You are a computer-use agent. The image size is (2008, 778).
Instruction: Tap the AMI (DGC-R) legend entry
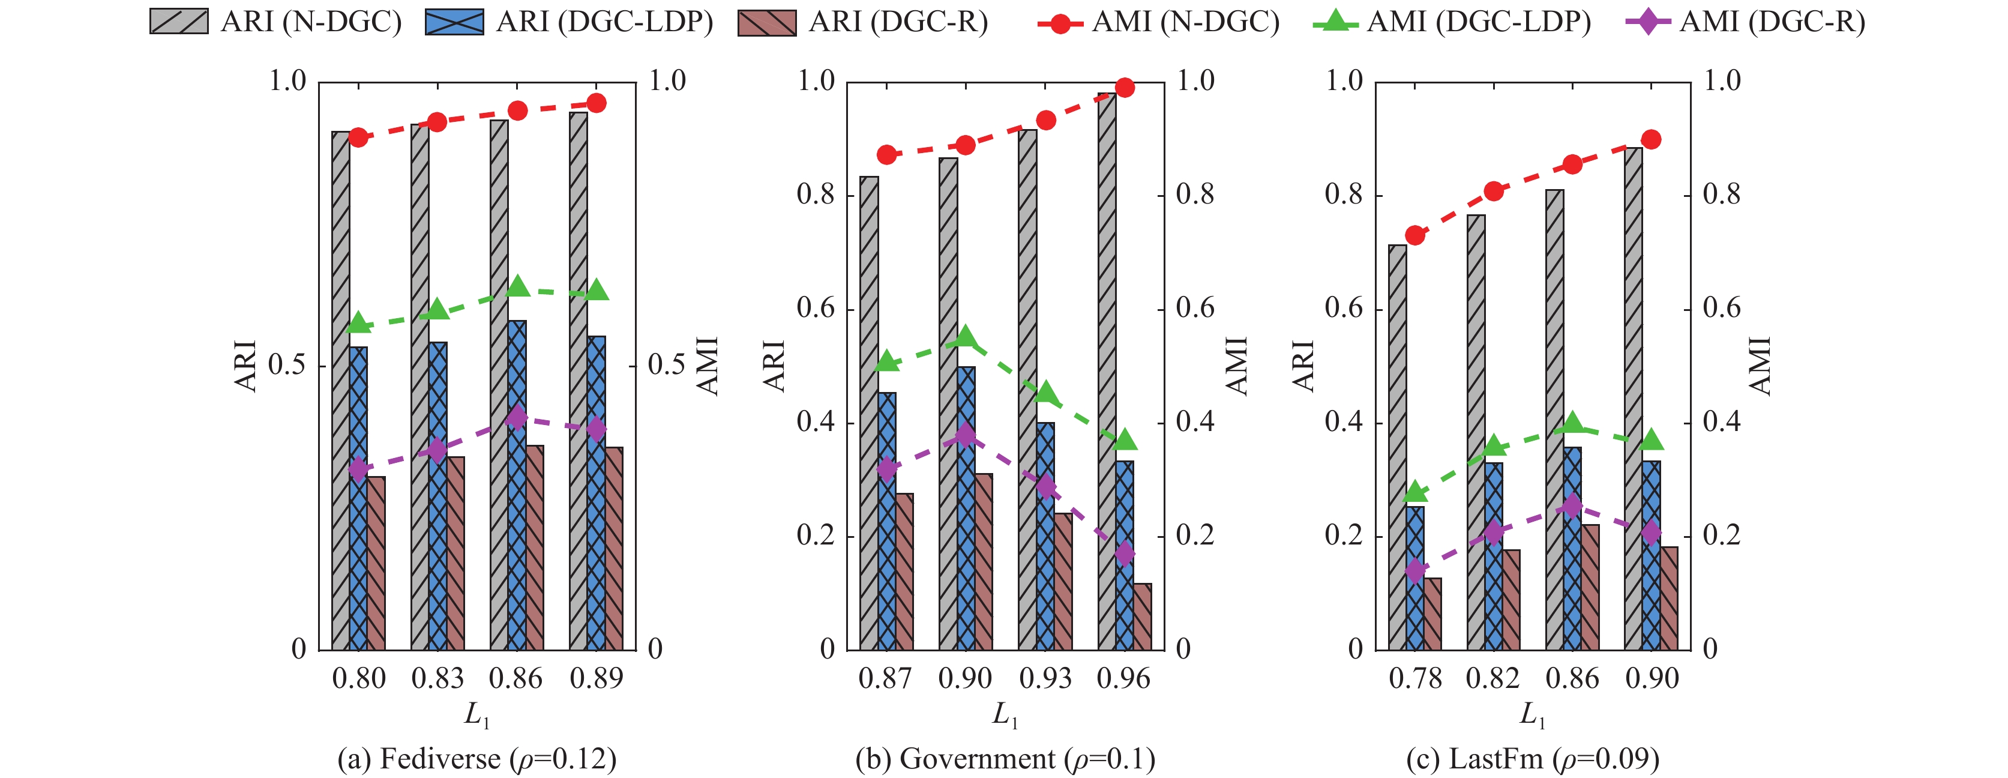click(1746, 22)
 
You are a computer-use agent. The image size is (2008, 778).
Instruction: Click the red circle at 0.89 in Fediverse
click(597, 103)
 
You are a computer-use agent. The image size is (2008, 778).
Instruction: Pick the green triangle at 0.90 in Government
click(966, 337)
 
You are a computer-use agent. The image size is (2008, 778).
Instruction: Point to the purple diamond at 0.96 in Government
click(1124, 554)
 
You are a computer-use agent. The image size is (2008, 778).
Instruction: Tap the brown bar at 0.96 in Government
click(1142, 616)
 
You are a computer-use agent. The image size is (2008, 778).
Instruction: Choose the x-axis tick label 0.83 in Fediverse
click(437, 678)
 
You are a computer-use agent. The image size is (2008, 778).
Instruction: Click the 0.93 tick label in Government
click(1045, 678)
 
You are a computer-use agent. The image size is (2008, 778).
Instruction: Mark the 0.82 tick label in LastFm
click(1492, 678)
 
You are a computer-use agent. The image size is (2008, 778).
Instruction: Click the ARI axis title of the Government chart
click(774, 365)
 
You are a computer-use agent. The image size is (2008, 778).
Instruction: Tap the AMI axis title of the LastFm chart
click(1760, 365)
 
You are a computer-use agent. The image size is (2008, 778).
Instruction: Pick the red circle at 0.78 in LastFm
click(1415, 235)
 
